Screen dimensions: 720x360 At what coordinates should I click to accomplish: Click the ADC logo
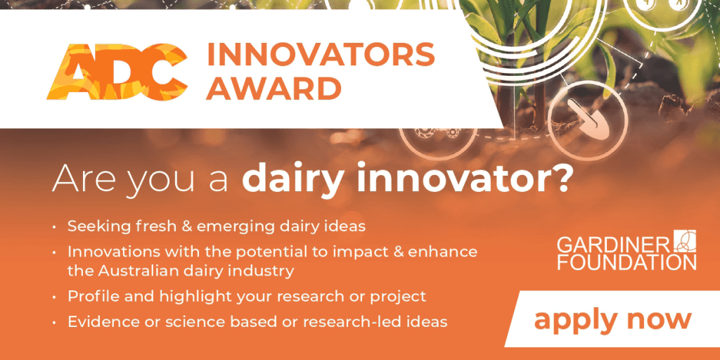117,71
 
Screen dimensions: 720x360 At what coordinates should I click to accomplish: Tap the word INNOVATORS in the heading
321,55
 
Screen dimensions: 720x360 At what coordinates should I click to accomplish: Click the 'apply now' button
613,319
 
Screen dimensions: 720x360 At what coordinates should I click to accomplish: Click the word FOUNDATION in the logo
626,262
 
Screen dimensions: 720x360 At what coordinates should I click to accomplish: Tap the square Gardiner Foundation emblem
685,241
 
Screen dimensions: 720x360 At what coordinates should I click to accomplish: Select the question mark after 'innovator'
562,178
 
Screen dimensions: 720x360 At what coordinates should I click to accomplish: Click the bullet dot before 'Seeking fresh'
56,227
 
